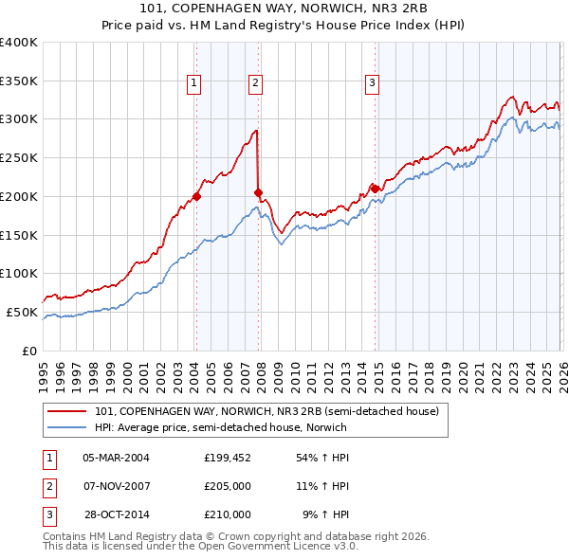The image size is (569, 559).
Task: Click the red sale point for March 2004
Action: click(x=196, y=197)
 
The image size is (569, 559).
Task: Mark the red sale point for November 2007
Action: click(x=258, y=192)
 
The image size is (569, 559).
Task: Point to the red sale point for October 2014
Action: click(x=375, y=189)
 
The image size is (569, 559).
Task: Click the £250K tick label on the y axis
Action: click(x=18, y=158)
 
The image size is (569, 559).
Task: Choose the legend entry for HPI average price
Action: click(x=220, y=428)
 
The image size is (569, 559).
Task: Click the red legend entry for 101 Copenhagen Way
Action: click(x=266, y=412)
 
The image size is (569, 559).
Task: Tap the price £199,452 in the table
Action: click(x=228, y=458)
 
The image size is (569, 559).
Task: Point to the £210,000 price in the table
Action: click(x=228, y=514)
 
